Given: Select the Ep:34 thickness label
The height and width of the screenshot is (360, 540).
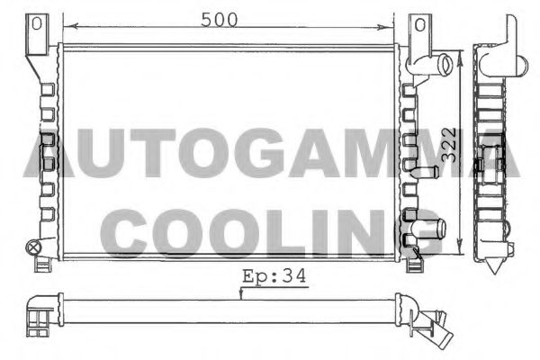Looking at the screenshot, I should tap(274, 278).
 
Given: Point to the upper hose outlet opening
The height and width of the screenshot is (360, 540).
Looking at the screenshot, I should tap(445, 65).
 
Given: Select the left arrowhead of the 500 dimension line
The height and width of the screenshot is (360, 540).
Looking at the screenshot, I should tap(65, 27).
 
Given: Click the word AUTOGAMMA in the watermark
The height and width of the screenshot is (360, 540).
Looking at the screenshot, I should tap(270, 153).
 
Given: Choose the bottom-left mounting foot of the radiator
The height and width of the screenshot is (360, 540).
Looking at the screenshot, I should tap(43, 264).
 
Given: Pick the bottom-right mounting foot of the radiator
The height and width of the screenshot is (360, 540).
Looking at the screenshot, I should tap(415, 264).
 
